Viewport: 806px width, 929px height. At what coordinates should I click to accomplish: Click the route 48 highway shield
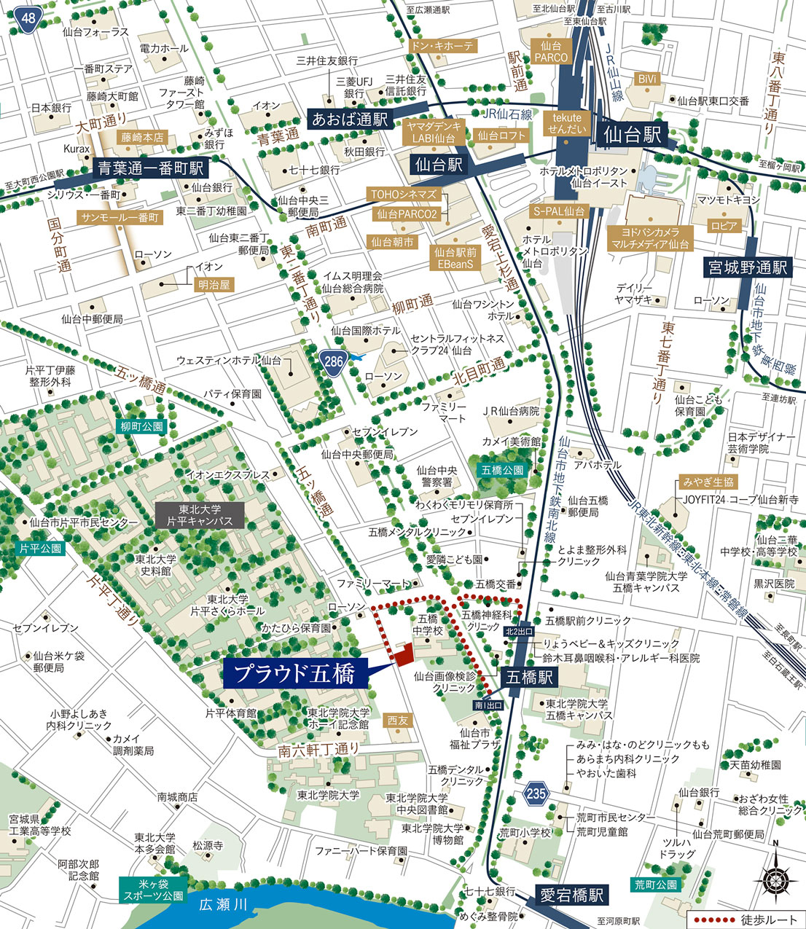(x=28, y=18)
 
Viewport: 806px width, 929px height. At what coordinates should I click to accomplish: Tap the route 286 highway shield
(x=332, y=361)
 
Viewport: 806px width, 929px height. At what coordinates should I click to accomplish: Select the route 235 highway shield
(x=536, y=793)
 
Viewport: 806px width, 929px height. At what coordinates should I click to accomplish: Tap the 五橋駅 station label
(x=530, y=677)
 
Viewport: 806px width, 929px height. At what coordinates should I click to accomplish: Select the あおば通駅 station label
(x=351, y=119)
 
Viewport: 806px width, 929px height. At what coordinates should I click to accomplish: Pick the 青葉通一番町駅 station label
(x=151, y=169)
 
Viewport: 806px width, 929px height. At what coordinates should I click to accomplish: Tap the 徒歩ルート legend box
(x=746, y=920)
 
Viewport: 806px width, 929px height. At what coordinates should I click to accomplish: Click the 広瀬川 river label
(x=224, y=905)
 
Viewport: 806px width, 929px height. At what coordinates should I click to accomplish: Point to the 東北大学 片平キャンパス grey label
(x=199, y=515)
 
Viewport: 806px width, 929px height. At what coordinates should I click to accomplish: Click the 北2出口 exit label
(x=520, y=630)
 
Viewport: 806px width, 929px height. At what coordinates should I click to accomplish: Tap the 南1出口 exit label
(x=488, y=705)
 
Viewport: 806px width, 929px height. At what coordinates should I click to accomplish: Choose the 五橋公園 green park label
(x=503, y=471)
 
